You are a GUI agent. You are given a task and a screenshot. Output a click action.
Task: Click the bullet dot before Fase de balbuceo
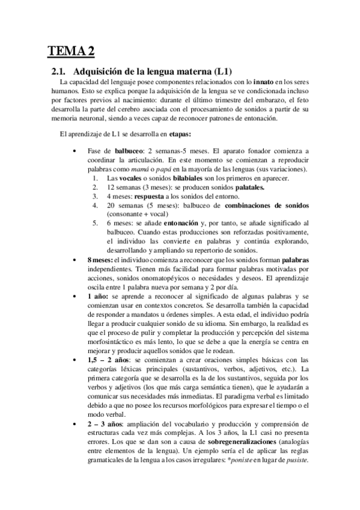[x=73, y=151]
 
